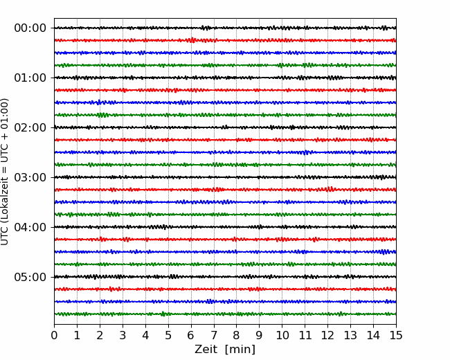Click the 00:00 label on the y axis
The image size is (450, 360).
(30, 28)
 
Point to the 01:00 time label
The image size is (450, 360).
(30, 78)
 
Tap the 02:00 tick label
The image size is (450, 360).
(30, 127)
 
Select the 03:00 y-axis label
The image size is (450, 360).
(30, 177)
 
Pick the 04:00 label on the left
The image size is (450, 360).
(30, 227)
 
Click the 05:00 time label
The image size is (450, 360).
(30, 277)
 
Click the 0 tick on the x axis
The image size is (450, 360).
(54, 335)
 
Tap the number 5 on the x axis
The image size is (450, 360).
(168, 335)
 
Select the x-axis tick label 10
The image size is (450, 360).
(282, 335)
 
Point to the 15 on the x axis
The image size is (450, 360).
(396, 335)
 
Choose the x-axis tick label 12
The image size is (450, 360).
(327, 335)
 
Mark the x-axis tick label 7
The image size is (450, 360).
(214, 335)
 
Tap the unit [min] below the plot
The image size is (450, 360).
(240, 350)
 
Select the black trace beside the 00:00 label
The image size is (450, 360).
(225, 28)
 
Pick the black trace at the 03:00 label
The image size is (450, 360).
(225, 177)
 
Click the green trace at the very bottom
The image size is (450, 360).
(225, 314)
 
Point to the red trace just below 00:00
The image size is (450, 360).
(225, 40)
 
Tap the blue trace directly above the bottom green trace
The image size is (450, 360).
(225, 302)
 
